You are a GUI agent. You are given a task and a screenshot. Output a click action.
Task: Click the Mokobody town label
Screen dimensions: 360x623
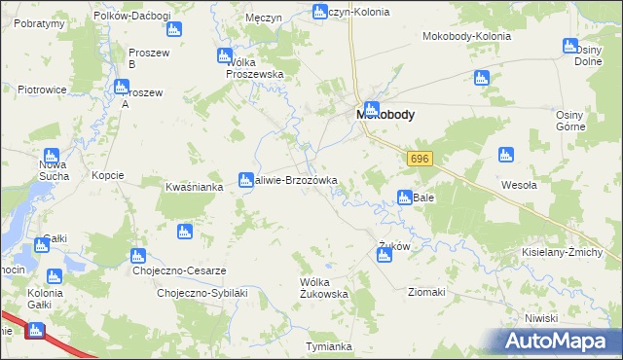385,114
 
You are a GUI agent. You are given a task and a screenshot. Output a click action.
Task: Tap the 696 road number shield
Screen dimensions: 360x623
420,159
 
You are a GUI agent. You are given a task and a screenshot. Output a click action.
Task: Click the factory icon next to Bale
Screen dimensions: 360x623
404,198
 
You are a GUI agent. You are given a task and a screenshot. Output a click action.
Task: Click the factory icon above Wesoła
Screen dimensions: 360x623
505,154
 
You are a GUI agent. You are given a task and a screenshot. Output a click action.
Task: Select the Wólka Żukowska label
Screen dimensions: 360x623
324,287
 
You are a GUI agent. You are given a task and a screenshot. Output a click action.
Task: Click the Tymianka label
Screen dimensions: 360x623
328,346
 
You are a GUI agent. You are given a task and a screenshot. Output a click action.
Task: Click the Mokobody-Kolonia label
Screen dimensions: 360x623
466,36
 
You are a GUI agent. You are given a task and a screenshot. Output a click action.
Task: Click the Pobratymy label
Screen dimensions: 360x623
32,22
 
